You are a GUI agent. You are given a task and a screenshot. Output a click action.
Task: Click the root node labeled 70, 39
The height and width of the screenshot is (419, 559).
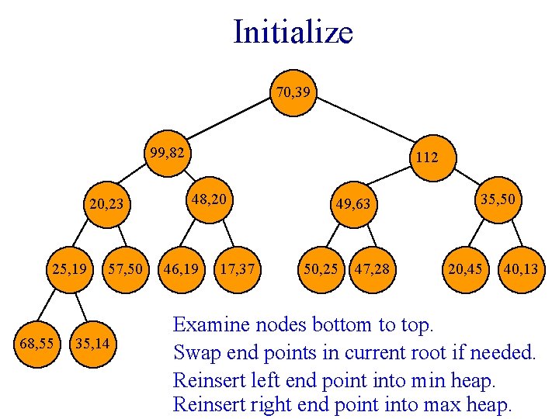(x=294, y=93)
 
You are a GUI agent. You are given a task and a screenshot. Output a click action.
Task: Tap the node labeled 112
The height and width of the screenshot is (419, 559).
(x=426, y=158)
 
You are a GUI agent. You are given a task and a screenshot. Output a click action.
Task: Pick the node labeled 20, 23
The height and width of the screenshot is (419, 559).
(x=106, y=205)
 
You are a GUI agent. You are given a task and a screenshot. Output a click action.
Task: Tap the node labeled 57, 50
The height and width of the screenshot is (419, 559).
(x=126, y=270)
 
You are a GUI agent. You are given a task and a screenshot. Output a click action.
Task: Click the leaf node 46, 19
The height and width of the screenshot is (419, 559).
(x=181, y=270)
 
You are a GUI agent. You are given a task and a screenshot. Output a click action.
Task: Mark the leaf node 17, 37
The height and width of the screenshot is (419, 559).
(x=237, y=270)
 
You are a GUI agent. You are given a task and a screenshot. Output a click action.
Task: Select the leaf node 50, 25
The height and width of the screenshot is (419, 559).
(x=321, y=270)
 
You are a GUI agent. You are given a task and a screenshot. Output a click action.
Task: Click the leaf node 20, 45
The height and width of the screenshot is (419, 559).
(x=464, y=270)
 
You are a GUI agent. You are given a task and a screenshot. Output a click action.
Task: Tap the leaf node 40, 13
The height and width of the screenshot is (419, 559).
(x=520, y=270)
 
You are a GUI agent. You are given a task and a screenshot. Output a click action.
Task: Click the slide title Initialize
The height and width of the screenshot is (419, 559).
(x=293, y=33)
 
